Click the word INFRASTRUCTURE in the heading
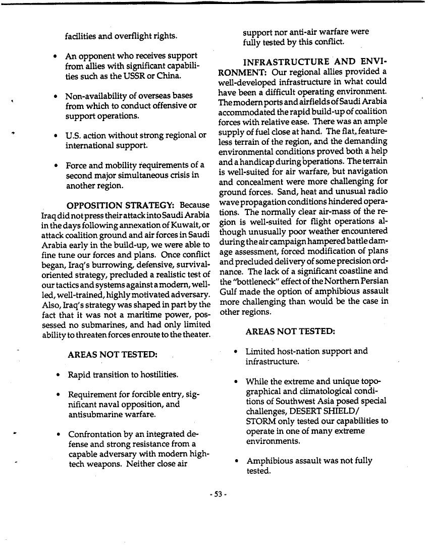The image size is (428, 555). tap(286, 62)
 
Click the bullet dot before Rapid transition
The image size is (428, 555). tap(59, 375)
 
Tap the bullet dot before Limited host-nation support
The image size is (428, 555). tap(236, 352)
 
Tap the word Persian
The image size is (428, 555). tap(373, 282)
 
